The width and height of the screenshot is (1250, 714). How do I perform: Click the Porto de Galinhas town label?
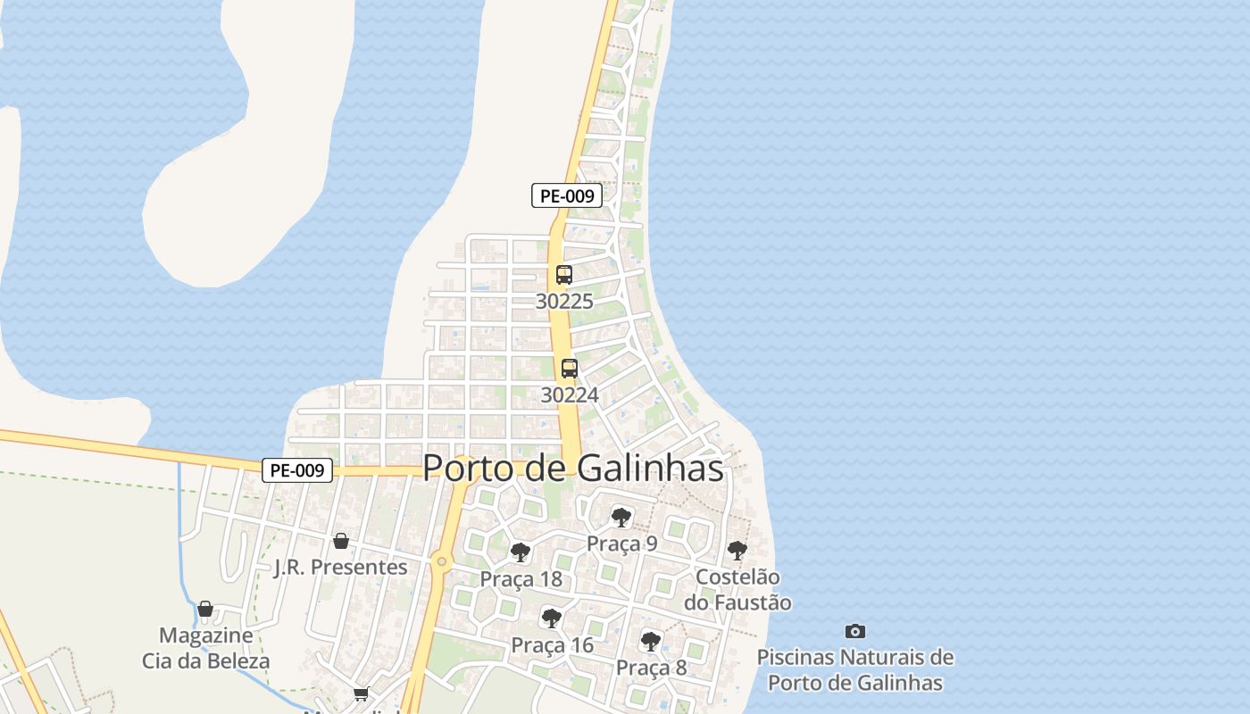tap(572, 468)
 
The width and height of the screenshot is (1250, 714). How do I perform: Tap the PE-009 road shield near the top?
tap(566, 195)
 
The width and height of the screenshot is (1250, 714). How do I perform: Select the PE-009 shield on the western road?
tap(297, 470)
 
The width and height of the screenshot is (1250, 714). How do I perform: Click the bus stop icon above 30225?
tap(563, 275)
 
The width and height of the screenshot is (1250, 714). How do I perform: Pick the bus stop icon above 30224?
tap(569, 368)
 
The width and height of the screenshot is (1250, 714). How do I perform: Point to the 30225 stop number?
tap(563, 302)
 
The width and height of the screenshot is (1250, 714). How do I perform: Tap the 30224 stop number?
tap(569, 394)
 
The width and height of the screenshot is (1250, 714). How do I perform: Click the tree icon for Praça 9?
tap(621, 518)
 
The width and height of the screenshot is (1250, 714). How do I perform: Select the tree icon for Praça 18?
tap(521, 552)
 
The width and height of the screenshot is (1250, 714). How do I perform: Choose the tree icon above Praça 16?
tap(551, 618)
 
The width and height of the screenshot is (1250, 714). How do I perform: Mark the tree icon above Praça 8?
tap(651, 640)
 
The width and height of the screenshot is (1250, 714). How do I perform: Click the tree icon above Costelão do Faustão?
tap(737, 551)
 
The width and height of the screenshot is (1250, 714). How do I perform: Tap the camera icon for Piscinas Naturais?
tap(855, 631)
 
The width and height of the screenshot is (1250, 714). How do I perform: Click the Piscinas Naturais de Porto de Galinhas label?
tap(855, 670)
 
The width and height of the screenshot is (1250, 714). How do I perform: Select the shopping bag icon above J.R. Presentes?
tap(340, 540)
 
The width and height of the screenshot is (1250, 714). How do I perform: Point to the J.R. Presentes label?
tap(340, 568)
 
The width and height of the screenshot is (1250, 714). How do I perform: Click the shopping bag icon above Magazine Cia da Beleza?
tap(205, 609)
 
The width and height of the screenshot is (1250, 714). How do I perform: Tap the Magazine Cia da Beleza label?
tap(205, 649)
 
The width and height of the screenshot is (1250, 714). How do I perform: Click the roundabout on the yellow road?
tap(440, 561)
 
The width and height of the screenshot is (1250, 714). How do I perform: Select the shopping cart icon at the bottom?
tap(361, 693)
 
